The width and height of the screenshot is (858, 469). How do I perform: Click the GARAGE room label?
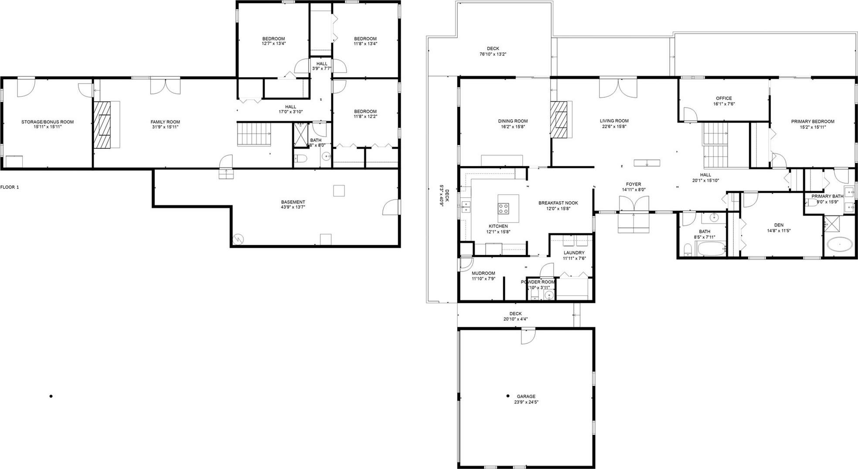[x=526, y=397]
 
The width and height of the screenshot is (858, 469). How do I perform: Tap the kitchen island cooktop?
[x=504, y=208]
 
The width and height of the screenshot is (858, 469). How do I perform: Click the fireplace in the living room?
[x=560, y=120]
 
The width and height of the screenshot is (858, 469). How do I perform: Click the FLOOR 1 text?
[x=10, y=187]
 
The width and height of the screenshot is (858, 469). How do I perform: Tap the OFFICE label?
[x=724, y=98]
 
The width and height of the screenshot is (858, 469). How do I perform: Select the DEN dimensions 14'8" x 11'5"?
[x=779, y=231]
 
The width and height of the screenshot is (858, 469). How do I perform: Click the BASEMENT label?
[x=293, y=202]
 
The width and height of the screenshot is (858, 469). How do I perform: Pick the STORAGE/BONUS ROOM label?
[x=48, y=122]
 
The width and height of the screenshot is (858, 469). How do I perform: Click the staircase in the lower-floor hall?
[x=254, y=134]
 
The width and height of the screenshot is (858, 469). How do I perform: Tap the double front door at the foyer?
[x=634, y=204]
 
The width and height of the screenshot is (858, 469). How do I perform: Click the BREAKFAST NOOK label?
[x=558, y=203]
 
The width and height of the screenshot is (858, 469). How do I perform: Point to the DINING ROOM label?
[x=513, y=121]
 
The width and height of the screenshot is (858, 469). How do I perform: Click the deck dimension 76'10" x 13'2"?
[x=493, y=55]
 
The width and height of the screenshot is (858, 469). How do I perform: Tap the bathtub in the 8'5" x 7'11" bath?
[x=711, y=249]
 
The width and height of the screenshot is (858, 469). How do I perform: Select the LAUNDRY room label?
[x=574, y=253]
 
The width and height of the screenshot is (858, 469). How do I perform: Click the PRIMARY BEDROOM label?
[x=813, y=122]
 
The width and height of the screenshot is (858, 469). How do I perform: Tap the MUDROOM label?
[x=483, y=273]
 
